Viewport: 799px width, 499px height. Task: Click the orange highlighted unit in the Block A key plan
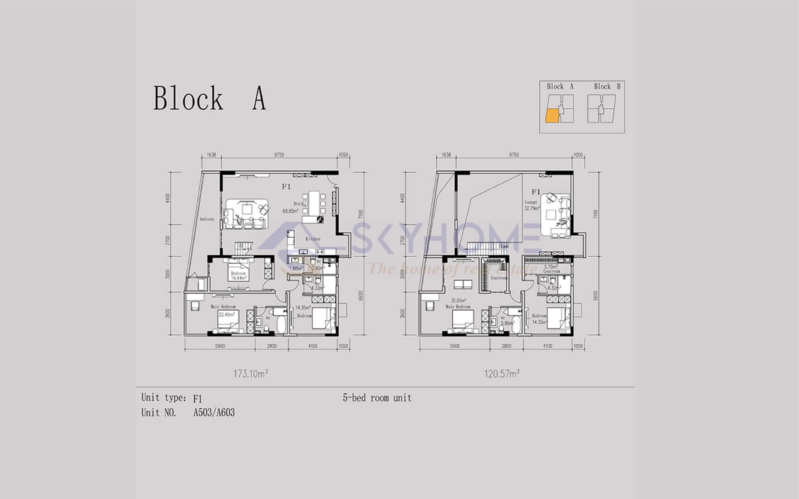[x=552, y=117]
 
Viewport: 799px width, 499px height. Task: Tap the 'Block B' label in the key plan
[x=607, y=86]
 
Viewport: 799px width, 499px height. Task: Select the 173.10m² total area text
[x=251, y=374]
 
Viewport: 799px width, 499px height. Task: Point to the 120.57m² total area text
[x=502, y=374]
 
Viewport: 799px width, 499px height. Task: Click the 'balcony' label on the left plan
[x=207, y=219]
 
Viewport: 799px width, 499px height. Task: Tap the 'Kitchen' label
[x=313, y=239]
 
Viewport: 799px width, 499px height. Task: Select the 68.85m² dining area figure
[x=290, y=211]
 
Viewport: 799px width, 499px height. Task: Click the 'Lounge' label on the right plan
[x=531, y=202]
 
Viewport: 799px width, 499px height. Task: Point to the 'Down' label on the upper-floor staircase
[x=504, y=246]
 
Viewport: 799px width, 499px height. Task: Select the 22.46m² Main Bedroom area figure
[x=227, y=314]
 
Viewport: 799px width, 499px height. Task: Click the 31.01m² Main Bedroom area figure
[x=458, y=301]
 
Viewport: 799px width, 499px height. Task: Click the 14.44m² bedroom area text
[x=239, y=278]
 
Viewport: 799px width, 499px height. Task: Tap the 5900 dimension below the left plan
[x=220, y=346]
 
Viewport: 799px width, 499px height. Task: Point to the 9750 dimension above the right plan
[x=514, y=155]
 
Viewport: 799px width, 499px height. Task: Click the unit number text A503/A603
[x=214, y=413]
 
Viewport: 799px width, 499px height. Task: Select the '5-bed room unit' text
[x=377, y=398]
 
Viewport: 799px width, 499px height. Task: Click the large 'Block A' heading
[x=210, y=98]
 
